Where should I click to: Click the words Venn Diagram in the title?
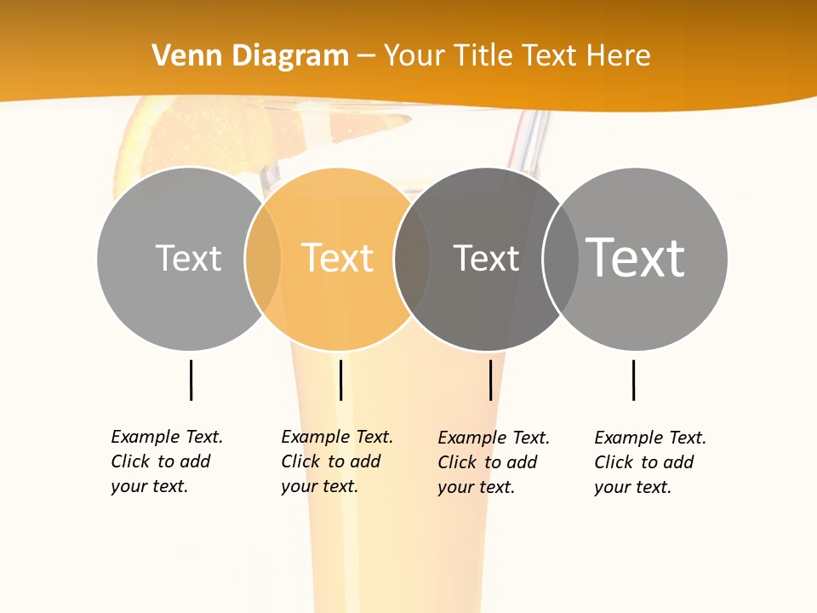(250, 56)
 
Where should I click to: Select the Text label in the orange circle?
(338, 258)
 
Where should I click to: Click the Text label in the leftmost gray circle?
(188, 258)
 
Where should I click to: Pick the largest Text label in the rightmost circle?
(636, 257)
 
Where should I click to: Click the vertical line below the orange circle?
(340, 380)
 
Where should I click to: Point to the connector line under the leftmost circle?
(191, 380)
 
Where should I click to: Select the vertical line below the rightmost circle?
(633, 380)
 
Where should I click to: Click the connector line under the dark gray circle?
(490, 380)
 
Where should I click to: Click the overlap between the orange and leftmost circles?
(263, 258)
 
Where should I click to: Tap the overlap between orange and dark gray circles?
(412, 258)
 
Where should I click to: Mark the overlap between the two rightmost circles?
(561, 258)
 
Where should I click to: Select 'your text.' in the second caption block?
(319, 486)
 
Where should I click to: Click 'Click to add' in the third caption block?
(487, 462)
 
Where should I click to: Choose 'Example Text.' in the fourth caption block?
(650, 438)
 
